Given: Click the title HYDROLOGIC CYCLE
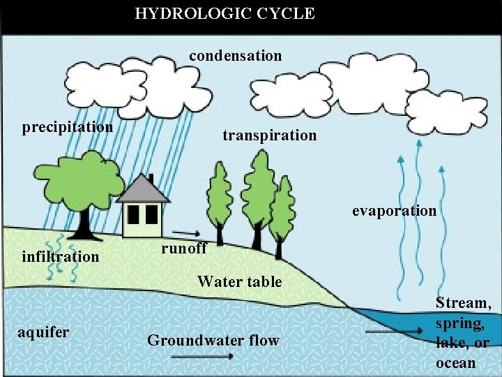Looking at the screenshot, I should pyautogui.click(x=225, y=13).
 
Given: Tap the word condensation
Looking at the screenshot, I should pyautogui.click(x=236, y=55).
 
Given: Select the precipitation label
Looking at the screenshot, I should pyautogui.click(x=68, y=127).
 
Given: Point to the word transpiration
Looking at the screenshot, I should pyautogui.click(x=269, y=135).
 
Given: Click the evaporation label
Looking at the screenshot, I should pyautogui.click(x=394, y=211).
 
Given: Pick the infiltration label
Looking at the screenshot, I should pyautogui.click(x=61, y=256).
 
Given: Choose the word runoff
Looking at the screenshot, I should pyautogui.click(x=183, y=249).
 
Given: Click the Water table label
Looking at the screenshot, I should pyautogui.click(x=240, y=282).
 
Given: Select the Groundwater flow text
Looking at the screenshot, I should pyautogui.click(x=213, y=341).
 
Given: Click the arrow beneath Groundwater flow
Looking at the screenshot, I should pyautogui.click(x=202, y=357).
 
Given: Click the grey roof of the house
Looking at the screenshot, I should pyautogui.click(x=143, y=190).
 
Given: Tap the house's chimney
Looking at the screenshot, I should pyautogui.click(x=150, y=179).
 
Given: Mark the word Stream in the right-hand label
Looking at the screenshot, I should pyautogui.click(x=462, y=303).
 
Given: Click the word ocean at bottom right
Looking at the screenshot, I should pyautogui.click(x=455, y=363).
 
